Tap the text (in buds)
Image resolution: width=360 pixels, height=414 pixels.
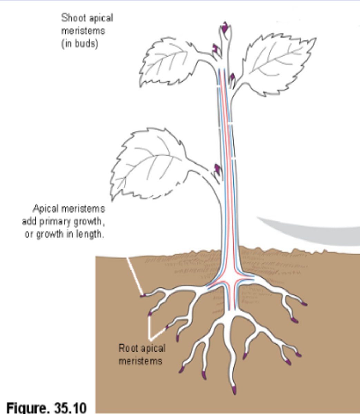tap(80, 44)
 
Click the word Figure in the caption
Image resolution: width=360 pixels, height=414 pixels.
tap(26, 407)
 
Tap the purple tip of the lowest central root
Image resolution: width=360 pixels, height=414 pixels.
tap(234, 390)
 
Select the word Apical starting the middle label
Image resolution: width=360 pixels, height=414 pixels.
tap(46, 209)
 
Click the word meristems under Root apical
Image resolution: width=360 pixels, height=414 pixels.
tap(140, 361)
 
